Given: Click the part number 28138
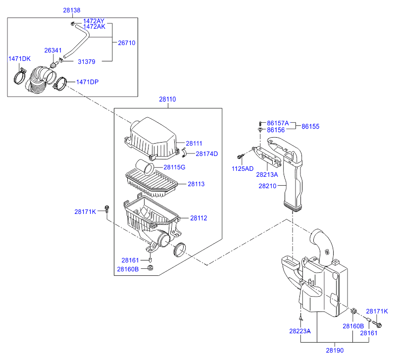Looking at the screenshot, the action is pos(72,10).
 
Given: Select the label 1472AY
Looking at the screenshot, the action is pos(94,21).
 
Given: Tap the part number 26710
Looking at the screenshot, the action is pos(127,43).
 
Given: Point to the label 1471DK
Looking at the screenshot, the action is pos(19,59).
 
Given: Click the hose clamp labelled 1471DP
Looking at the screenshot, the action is pos(60,84).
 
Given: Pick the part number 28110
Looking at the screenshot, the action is pos(167,100).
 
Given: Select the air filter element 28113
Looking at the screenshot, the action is pos(151,183).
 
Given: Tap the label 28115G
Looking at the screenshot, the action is pos(174,167).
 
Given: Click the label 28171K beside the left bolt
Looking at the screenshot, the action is pos(85,212).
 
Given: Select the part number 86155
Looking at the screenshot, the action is pos(310,127).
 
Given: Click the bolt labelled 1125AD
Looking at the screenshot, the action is pos(241,156).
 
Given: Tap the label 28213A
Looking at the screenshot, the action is pos(267,174).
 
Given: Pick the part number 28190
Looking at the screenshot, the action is pos(335,351).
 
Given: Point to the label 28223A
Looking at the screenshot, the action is pos(300,331).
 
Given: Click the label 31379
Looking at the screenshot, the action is pos(87,62).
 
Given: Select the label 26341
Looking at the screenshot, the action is pos(53,51).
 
